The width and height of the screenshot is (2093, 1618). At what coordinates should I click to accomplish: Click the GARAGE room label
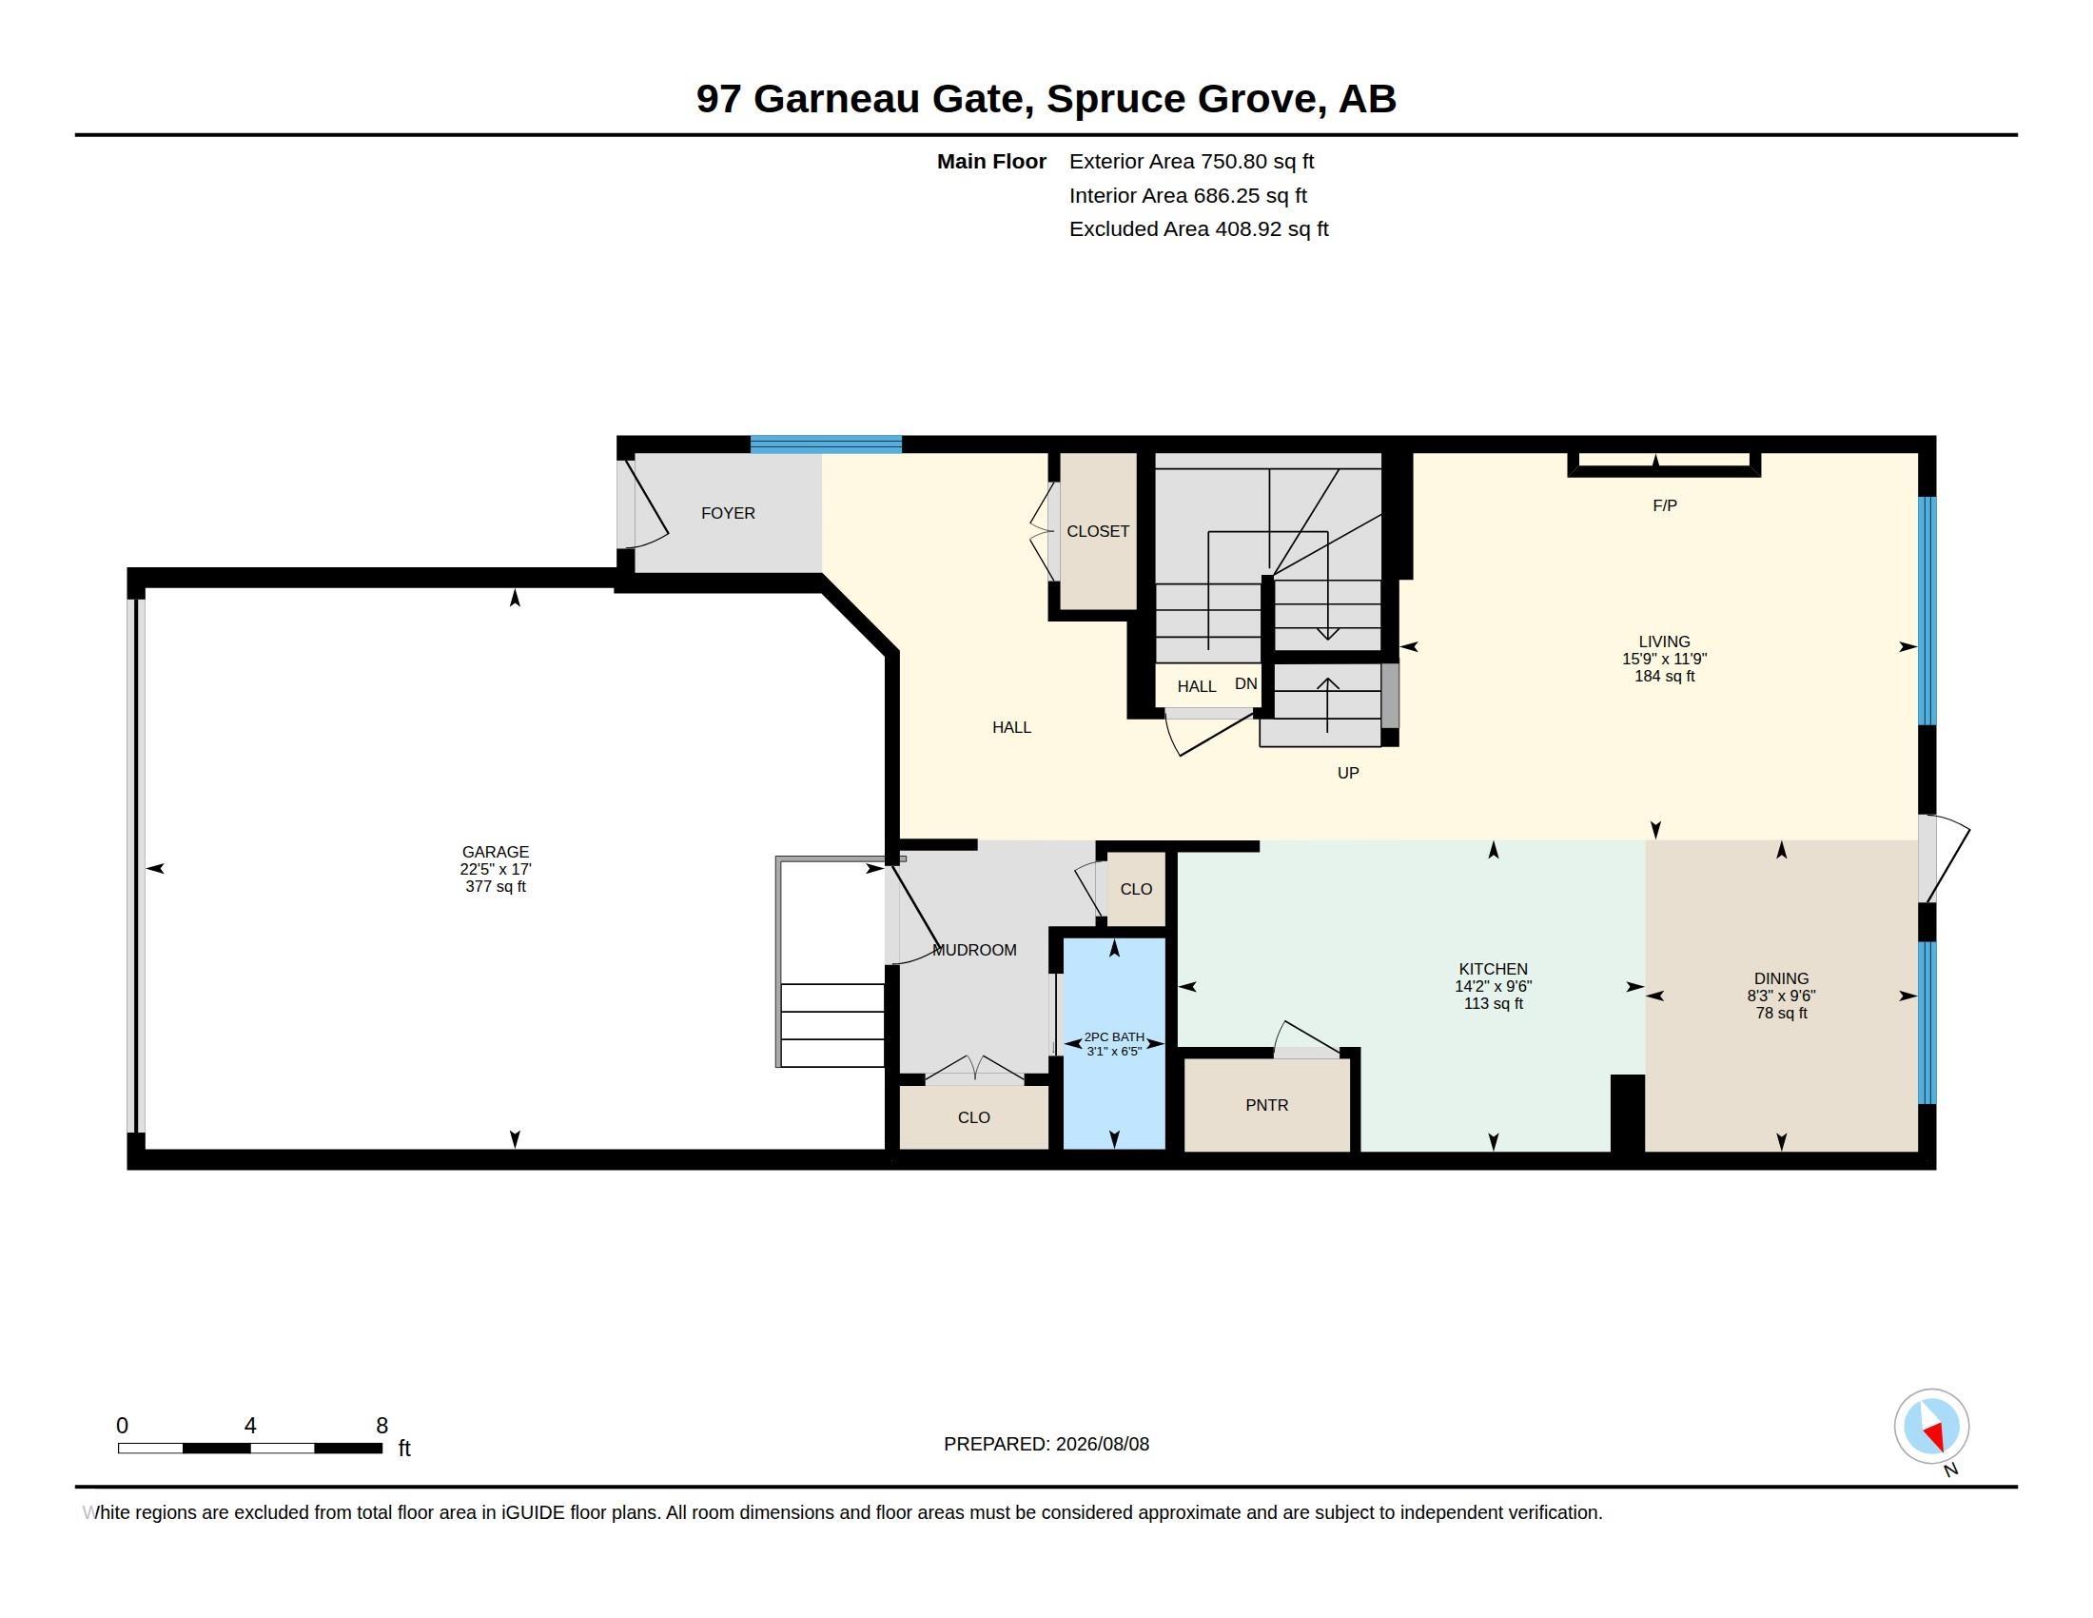496,851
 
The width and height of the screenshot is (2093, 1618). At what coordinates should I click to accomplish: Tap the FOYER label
729,513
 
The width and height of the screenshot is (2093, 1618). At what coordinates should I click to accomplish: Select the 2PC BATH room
1115,1043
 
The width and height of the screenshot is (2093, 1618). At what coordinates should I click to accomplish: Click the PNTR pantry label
1267,1105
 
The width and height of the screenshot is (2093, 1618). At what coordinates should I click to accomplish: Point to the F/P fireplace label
1665,505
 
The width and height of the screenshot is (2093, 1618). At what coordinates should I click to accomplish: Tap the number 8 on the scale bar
381,1426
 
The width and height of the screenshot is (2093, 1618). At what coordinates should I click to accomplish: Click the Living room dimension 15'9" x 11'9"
1665,659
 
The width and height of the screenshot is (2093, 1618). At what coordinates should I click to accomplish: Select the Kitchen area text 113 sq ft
1493,1003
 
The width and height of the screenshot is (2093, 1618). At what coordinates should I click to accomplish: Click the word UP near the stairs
1348,773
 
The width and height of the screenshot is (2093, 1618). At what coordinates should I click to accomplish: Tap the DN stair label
1246,683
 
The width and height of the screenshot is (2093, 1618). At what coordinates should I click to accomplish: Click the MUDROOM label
974,950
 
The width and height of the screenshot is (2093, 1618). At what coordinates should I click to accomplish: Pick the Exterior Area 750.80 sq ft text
1191,161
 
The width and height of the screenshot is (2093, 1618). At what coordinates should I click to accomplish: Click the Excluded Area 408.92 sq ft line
1199,228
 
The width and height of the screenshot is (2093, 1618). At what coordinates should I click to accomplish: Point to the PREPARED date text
1046,1444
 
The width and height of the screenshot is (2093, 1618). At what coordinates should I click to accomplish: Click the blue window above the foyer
826,444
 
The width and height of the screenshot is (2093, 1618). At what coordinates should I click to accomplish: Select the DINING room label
1782,978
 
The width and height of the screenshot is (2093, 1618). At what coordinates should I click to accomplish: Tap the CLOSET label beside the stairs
1098,531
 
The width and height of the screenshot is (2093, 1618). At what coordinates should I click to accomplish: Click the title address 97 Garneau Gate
866,99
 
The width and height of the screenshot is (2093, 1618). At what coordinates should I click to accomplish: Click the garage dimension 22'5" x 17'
496,869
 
